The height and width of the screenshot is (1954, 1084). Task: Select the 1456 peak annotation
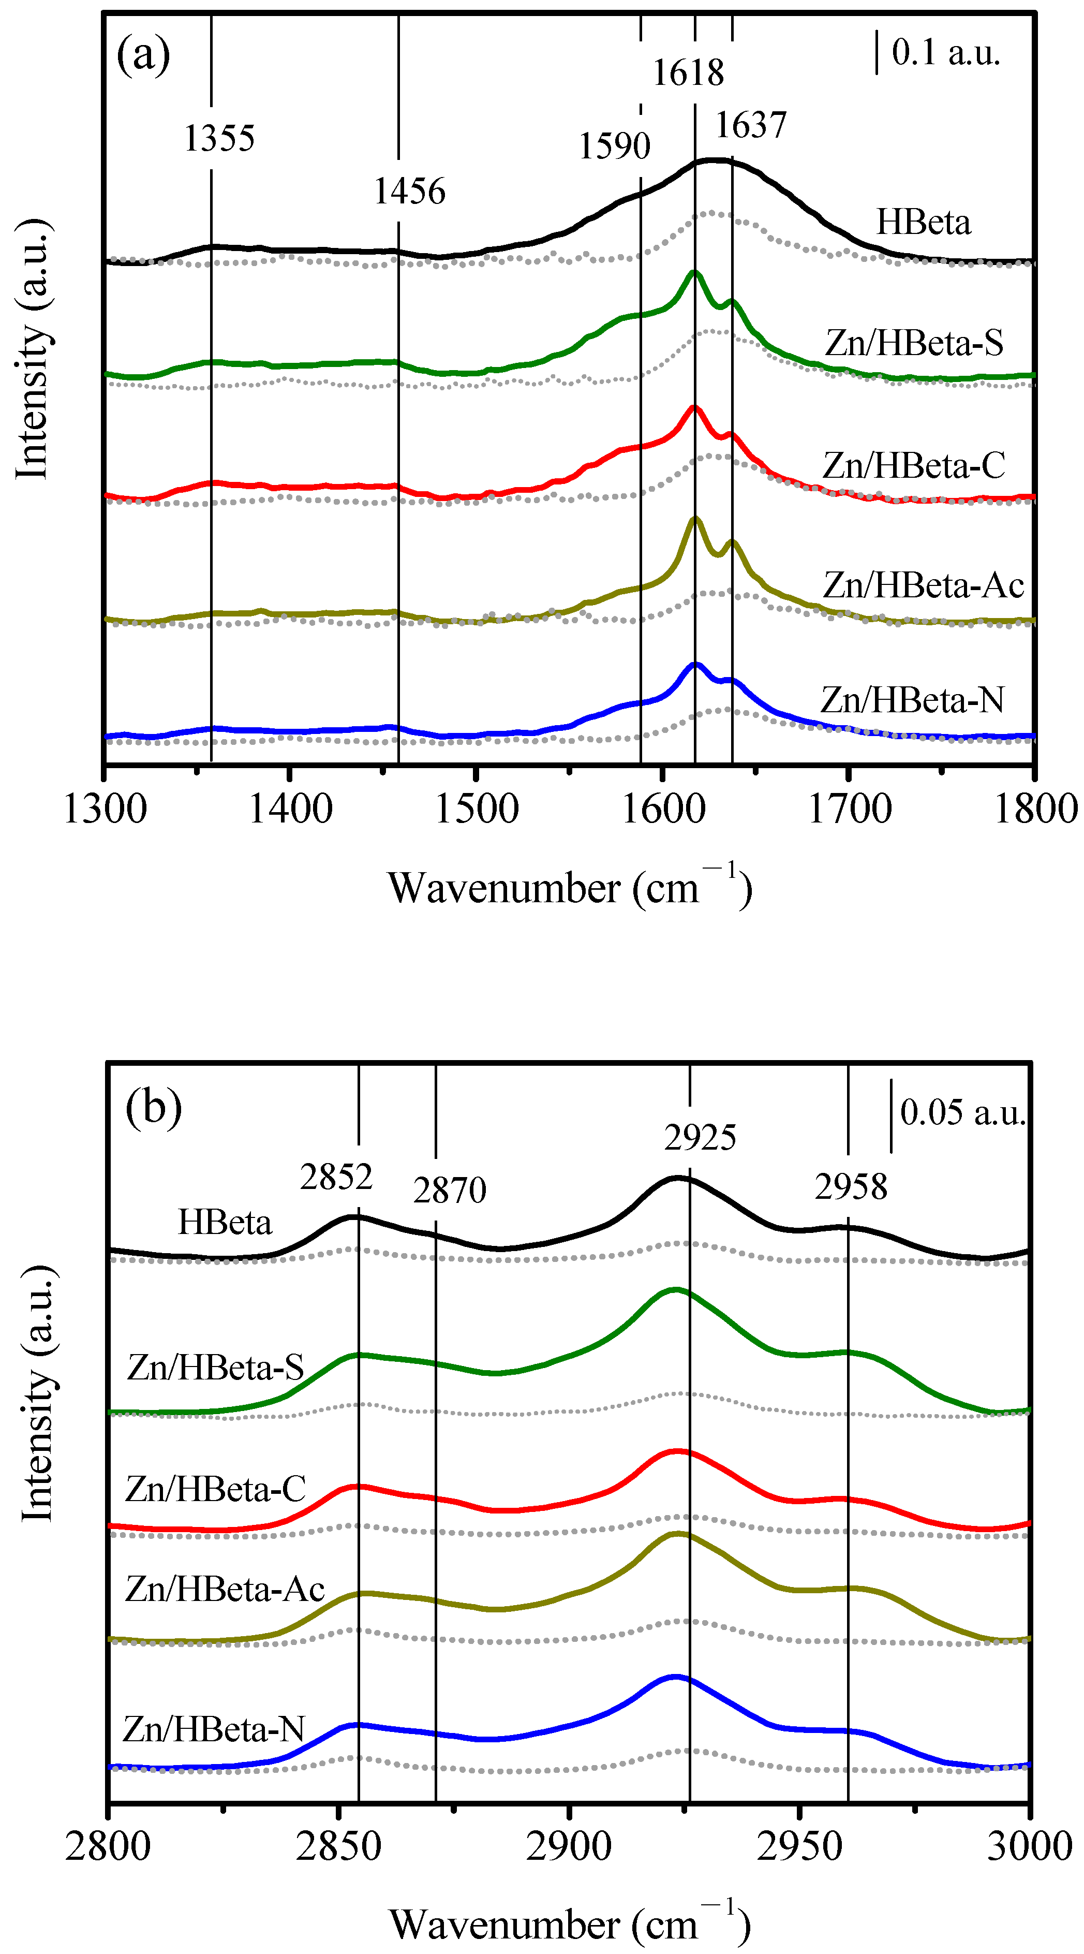tap(409, 191)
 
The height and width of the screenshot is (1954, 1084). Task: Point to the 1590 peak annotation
tap(614, 145)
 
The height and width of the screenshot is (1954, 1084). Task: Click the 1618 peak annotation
tap(688, 73)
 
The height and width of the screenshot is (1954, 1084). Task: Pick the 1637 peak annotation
tap(751, 124)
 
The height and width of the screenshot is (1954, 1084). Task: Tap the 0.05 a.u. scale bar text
tap(962, 1112)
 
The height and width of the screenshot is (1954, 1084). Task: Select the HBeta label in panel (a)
tap(923, 222)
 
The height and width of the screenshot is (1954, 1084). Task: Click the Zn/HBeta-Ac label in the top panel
tap(923, 585)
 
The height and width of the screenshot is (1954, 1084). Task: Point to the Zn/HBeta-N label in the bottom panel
tap(213, 1729)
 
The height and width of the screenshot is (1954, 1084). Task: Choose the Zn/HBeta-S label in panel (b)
tap(215, 1367)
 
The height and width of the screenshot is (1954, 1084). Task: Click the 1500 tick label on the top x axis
tap(476, 809)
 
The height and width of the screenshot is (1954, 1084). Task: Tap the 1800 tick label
tap(1035, 809)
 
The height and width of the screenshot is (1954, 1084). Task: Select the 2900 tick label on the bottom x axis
tap(569, 1846)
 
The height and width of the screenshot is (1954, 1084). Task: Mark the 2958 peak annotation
tap(851, 1186)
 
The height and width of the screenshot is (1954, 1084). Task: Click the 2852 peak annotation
tap(336, 1177)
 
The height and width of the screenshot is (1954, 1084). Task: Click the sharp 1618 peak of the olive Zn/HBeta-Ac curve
tap(695, 519)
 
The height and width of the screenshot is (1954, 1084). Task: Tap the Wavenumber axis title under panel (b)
tap(569, 1925)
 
